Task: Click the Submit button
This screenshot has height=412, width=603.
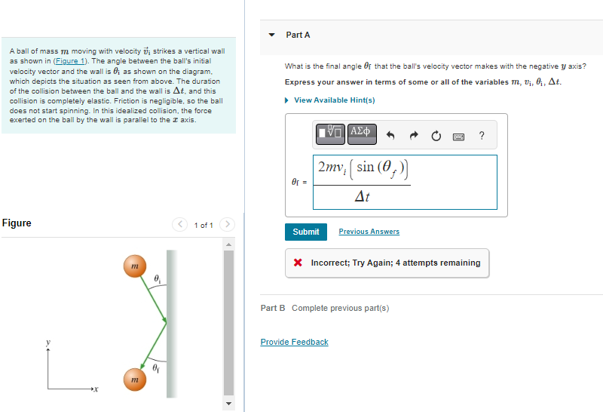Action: click(305, 232)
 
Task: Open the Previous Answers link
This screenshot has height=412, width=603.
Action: click(369, 232)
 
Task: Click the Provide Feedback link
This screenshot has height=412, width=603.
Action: click(294, 342)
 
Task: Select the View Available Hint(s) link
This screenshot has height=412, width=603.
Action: click(334, 100)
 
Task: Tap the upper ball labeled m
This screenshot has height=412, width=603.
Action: click(133, 267)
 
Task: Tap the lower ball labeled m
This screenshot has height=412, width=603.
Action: click(133, 380)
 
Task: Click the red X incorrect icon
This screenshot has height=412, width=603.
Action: click(298, 263)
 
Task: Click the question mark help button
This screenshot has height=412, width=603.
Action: click(482, 136)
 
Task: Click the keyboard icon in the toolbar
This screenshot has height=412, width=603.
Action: click(458, 137)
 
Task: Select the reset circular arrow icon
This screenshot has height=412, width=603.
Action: click(436, 136)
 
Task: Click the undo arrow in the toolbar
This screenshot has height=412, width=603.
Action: click(390, 136)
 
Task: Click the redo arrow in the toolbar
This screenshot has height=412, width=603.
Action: click(413, 136)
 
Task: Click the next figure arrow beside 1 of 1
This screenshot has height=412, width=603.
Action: click(228, 225)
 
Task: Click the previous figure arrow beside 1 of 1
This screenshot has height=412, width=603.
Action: click(180, 225)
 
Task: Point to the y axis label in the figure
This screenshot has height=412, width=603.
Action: click(47, 343)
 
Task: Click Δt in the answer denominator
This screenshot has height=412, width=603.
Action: click(362, 196)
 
